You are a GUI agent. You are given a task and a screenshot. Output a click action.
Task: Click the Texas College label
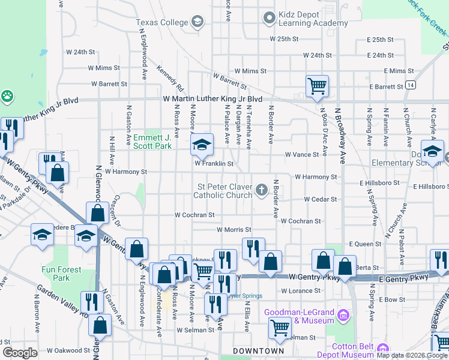coord(161,22)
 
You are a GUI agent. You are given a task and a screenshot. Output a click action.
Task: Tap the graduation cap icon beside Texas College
coord(197,23)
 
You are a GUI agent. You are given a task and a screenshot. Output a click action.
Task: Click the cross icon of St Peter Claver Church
coord(261,190)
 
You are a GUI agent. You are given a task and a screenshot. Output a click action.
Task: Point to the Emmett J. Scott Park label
coord(152,142)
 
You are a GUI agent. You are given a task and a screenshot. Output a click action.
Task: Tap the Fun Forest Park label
coord(61,274)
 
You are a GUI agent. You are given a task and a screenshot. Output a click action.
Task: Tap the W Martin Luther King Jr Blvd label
coord(213,98)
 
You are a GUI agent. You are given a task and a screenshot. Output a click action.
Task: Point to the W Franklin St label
coord(213,163)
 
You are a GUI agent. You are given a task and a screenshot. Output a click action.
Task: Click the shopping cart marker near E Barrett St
coord(316,85)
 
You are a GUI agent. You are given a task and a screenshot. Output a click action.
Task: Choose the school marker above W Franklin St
coord(202,143)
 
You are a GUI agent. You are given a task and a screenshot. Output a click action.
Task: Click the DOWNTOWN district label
coord(258,351)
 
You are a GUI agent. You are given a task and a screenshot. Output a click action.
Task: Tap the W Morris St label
coord(234,230)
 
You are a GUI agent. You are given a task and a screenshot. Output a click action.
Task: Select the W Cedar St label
coord(321,199)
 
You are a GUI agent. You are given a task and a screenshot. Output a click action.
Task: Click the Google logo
coord(20,353)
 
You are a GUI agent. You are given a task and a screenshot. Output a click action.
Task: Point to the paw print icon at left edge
coord(7,95)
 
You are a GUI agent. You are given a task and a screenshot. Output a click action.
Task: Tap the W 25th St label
coord(284,39)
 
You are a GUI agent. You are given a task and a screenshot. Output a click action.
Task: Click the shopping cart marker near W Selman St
coord(280,328)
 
